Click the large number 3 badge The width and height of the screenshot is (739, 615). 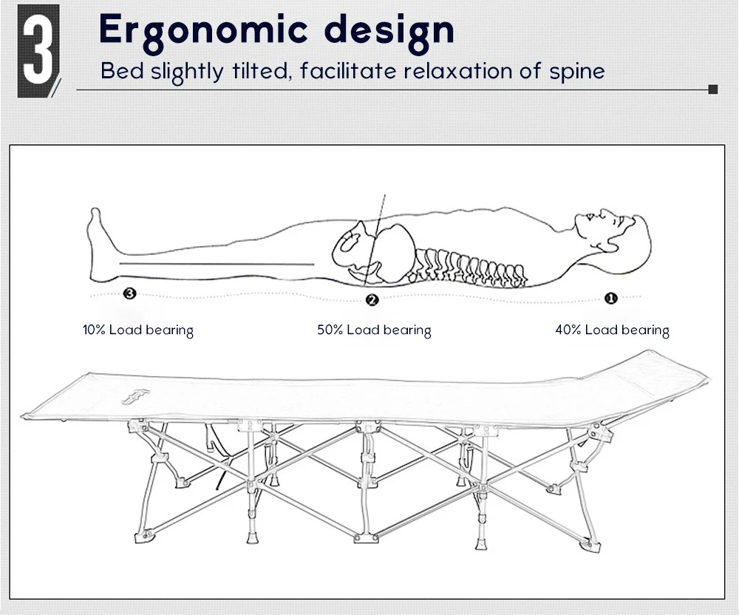(38, 51)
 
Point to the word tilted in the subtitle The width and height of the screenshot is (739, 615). (260, 71)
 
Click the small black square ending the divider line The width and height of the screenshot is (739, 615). (713, 89)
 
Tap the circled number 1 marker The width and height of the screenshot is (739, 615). (611, 299)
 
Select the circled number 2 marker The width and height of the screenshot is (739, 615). (372, 299)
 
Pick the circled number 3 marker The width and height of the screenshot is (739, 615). (129, 293)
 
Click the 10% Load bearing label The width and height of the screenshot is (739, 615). (138, 330)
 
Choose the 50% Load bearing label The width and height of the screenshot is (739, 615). (374, 330)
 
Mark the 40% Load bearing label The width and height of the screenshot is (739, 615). (612, 330)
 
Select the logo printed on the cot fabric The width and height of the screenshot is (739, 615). (135, 397)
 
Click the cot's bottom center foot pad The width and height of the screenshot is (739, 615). (367, 537)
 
